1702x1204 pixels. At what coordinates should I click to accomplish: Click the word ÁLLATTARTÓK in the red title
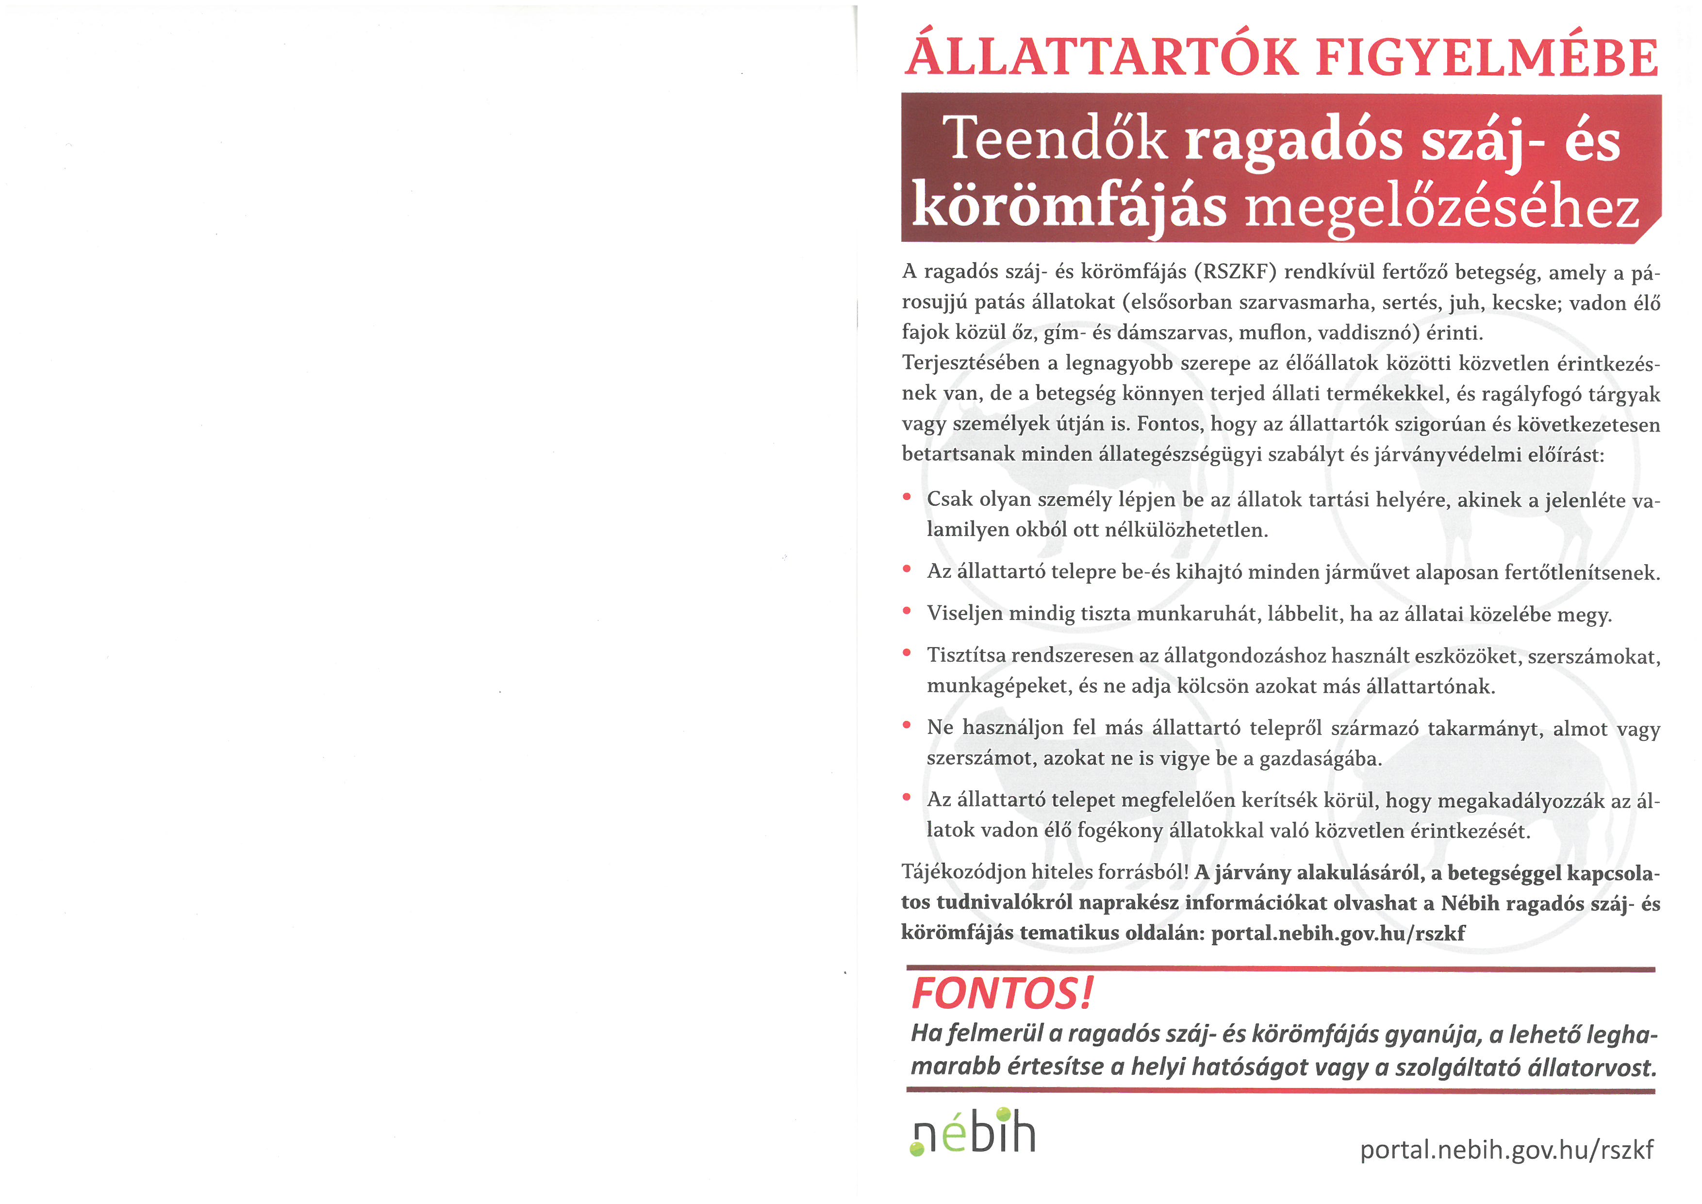(x=1102, y=58)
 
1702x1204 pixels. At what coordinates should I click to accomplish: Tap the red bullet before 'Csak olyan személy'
(x=907, y=498)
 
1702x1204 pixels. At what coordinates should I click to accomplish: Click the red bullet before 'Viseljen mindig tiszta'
(x=907, y=612)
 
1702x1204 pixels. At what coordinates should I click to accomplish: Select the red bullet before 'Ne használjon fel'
(x=907, y=726)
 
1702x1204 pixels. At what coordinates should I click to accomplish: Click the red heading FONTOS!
(x=1002, y=993)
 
